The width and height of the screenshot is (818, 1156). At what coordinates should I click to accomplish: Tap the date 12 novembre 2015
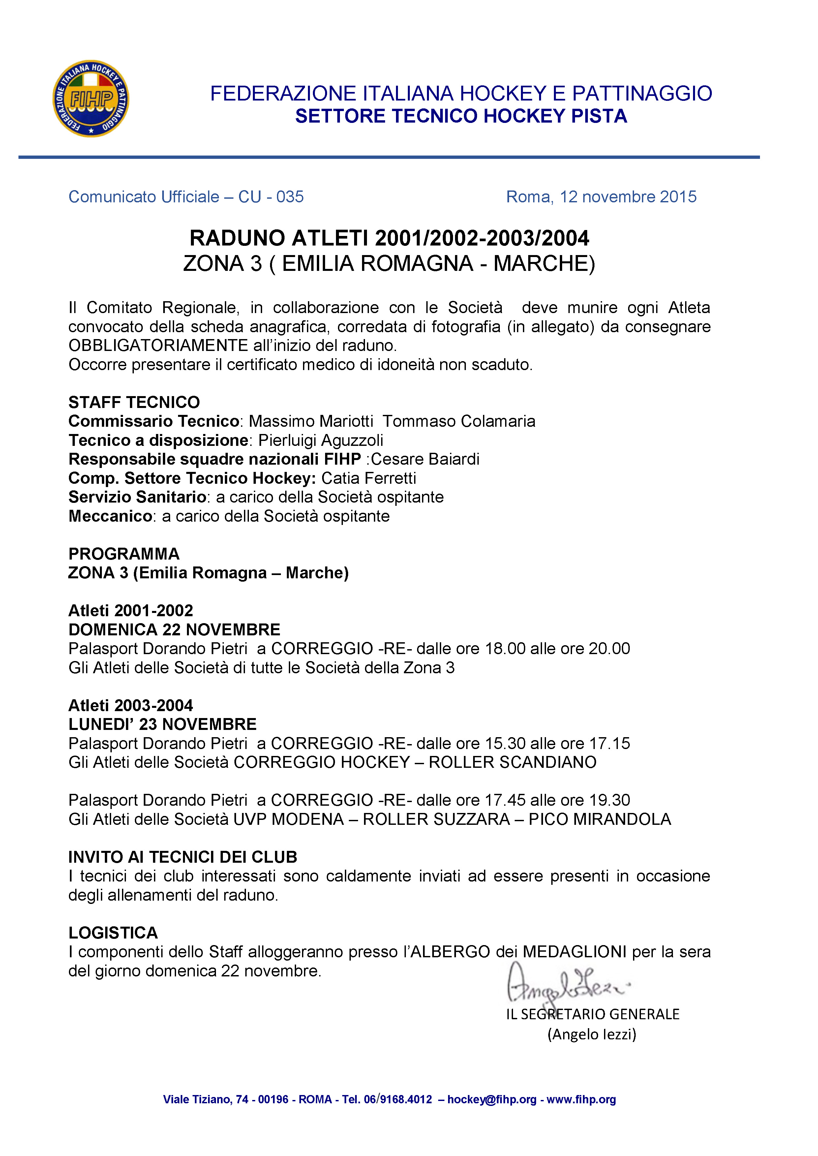[x=628, y=197]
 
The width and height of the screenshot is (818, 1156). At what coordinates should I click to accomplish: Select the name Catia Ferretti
[x=369, y=478]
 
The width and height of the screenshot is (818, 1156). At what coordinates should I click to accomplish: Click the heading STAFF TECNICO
[x=134, y=402]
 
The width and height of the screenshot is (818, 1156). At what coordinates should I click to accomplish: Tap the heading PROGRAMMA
[x=124, y=554]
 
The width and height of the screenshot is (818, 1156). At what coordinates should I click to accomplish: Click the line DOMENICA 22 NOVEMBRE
[x=174, y=629]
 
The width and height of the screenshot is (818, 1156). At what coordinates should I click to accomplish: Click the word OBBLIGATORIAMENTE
[x=158, y=345]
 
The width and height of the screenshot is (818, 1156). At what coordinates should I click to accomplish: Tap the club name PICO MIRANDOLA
[x=600, y=819]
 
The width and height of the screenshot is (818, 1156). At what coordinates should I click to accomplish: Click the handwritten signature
[x=564, y=982]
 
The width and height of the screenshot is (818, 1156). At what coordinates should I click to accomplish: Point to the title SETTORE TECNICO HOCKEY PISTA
[x=461, y=116]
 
